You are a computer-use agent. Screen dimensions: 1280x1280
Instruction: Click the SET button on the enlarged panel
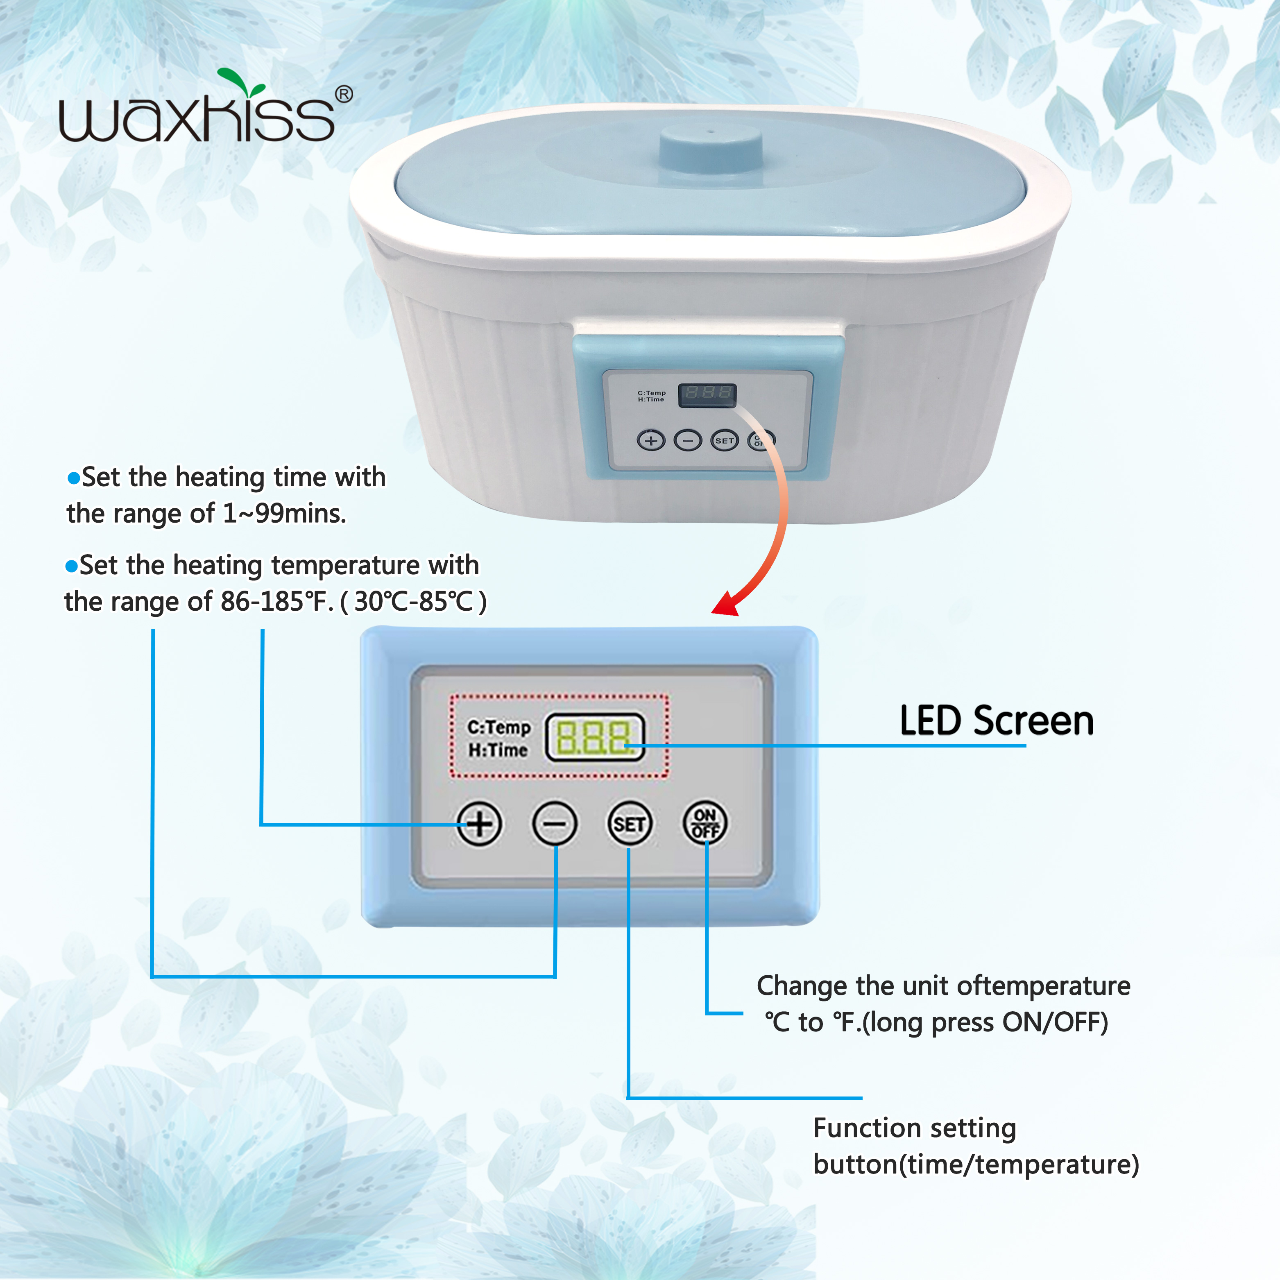[629, 824]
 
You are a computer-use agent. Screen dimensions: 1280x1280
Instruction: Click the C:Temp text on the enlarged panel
[499, 727]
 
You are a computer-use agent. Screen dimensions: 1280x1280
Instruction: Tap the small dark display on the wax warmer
[707, 394]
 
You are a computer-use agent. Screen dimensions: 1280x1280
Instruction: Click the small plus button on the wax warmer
[651, 440]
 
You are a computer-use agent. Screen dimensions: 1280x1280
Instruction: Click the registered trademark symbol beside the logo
[344, 94]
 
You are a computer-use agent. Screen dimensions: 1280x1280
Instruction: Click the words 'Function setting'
[914, 1128]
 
